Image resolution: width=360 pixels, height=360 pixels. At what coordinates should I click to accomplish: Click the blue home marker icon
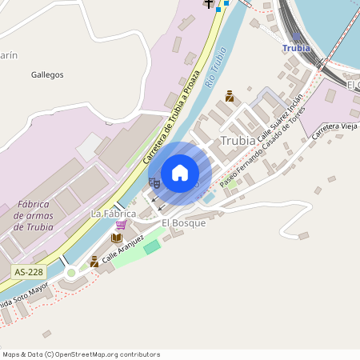[x=180, y=172]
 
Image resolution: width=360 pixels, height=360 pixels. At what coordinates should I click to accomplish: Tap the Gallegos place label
[x=46, y=74]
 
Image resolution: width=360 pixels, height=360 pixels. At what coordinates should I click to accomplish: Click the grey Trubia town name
[x=238, y=141]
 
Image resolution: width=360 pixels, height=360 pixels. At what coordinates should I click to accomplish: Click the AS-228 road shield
[x=29, y=272]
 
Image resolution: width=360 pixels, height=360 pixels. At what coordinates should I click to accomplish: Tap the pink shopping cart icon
[x=121, y=225]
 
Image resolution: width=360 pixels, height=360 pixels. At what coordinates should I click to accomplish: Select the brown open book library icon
[x=117, y=238]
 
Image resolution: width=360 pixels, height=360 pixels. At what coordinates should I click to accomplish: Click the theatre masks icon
[x=156, y=183]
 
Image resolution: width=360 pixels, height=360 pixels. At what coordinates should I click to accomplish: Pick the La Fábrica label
[x=112, y=214]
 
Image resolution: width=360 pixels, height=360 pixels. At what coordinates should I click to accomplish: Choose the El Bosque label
[x=183, y=223]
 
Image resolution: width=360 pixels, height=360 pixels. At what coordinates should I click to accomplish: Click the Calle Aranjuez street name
[x=123, y=250]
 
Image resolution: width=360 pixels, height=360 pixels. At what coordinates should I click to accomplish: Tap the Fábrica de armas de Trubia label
[x=34, y=216]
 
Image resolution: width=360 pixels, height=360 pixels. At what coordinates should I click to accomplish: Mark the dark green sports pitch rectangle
[x=151, y=247]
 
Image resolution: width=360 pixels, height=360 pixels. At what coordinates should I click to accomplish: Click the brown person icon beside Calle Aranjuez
[x=94, y=262]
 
